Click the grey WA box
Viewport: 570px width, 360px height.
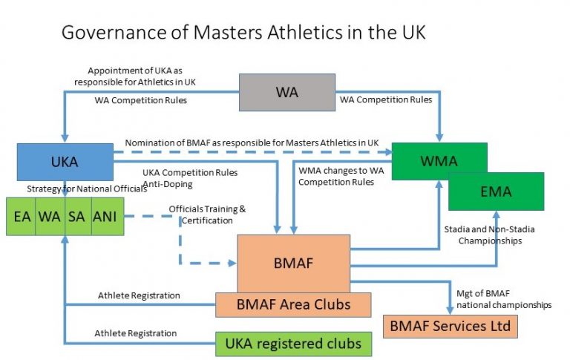click(286, 93)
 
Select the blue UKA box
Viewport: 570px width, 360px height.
click(64, 161)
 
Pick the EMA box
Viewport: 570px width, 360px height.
click(496, 191)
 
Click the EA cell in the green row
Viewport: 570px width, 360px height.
click(21, 217)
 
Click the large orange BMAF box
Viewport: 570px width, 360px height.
click(293, 263)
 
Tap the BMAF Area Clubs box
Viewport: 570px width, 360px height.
click(293, 304)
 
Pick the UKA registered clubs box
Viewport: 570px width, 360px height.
click(293, 343)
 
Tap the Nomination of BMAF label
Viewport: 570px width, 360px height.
click(252, 143)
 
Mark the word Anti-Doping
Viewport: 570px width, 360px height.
click(165, 183)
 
